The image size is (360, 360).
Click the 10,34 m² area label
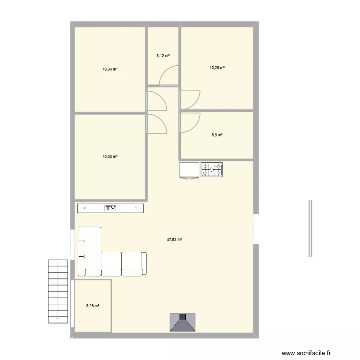pyautogui.click(x=109, y=69)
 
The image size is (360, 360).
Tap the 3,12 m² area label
pyautogui.click(x=163, y=56)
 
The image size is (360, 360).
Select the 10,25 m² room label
pyautogui.click(x=217, y=68)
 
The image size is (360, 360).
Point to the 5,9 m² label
pyautogui.click(x=217, y=135)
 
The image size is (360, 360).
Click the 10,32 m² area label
pyautogui.click(x=109, y=156)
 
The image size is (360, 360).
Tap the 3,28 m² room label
pyautogui.click(x=93, y=306)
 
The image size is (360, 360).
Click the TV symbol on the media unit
pyautogui.click(x=111, y=208)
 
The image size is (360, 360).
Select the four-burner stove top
pyautogui.click(x=212, y=169)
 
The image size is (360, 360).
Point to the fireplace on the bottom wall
pyautogui.click(x=182, y=323)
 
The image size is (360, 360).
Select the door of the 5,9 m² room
pyautogui.click(x=190, y=123)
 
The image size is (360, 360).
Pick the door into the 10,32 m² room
pyautogui.click(x=156, y=124)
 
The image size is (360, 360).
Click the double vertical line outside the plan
pyautogui.click(x=311, y=228)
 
